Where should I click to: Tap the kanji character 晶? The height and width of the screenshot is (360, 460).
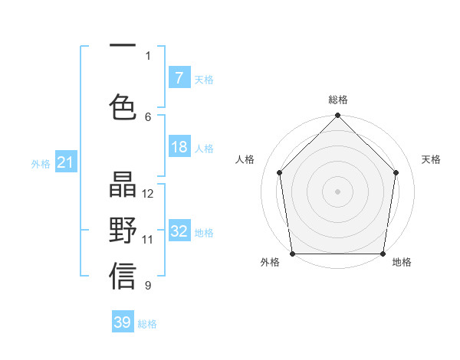pos(123,186)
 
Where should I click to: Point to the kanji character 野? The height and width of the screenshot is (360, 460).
pos(123,231)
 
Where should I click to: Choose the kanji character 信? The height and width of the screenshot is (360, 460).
pos(123,277)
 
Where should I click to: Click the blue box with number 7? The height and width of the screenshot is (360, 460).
pos(179,78)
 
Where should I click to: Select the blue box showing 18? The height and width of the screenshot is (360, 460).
pos(179,147)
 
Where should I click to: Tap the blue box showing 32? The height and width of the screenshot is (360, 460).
pos(179,231)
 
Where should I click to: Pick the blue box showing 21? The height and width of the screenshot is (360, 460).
pos(65,162)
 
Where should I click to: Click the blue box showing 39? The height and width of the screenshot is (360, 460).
pos(123,322)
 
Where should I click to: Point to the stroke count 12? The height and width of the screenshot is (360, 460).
pos(148,194)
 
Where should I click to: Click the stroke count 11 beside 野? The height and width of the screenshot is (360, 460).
pos(148,240)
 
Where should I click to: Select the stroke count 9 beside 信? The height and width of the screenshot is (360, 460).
pos(148,286)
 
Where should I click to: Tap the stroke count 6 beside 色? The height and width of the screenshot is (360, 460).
pos(148,116)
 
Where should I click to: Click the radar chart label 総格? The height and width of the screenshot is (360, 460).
pos(337,100)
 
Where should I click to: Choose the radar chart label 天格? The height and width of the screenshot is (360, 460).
pos(431,159)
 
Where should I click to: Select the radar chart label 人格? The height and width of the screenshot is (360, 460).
pos(245,159)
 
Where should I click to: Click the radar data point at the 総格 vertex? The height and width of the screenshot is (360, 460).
pos(337,116)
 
